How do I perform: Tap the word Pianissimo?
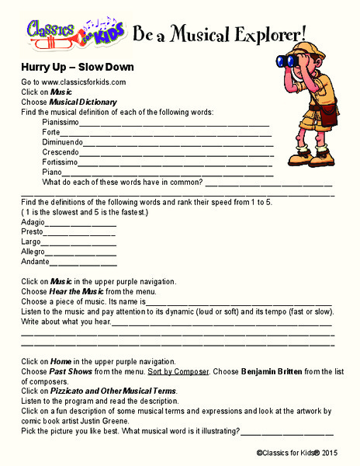click(x=61, y=122)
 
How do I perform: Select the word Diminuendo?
click(x=62, y=142)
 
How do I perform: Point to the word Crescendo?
click(x=61, y=152)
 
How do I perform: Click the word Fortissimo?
click(x=60, y=162)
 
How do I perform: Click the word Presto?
click(x=32, y=231)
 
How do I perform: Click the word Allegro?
click(x=33, y=252)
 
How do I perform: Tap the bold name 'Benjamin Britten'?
click(x=275, y=371)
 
